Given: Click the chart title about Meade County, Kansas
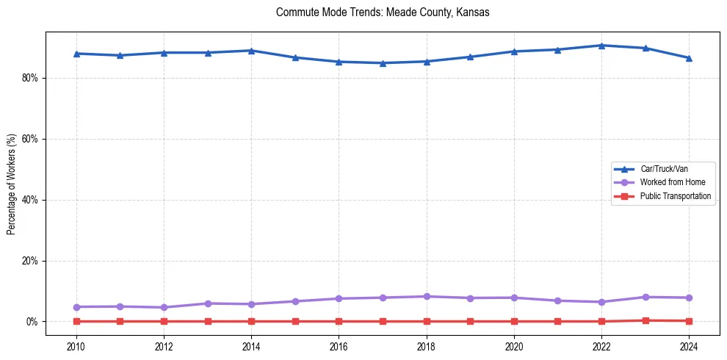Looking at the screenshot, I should point(383,12).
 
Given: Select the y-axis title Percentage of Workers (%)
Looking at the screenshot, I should point(11,184).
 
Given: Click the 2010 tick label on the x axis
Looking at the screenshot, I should point(76,345).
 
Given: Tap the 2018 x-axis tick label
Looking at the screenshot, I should point(427,345).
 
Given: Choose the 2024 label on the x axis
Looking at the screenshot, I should point(689,345).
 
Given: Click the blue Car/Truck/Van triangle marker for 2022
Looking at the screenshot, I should point(601,46).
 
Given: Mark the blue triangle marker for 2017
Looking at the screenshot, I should point(383,63).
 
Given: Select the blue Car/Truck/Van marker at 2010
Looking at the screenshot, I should point(76,54).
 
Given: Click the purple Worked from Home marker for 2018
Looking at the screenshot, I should point(427,296).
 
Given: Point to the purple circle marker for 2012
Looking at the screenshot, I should point(164,307).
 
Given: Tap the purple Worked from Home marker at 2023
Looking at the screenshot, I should point(645,297).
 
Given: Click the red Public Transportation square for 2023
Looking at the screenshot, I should point(645,320).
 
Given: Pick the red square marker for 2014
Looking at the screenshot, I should point(251,321).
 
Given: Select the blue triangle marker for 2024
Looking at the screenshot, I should point(689,58).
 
